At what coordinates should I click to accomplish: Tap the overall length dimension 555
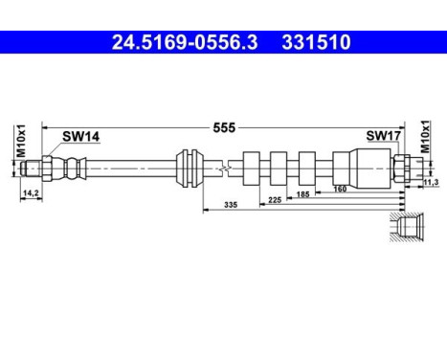pyautogui.click(x=224, y=125)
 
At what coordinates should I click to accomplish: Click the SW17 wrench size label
pyautogui.click(x=382, y=136)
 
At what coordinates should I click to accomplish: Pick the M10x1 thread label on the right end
pyautogui.click(x=426, y=144)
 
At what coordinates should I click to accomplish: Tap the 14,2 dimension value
pyautogui.click(x=29, y=191)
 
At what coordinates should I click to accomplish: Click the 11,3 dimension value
pyautogui.click(x=430, y=182)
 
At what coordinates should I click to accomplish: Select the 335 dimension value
pyautogui.click(x=230, y=205)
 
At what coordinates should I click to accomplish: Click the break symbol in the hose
pyautogui.click(x=223, y=169)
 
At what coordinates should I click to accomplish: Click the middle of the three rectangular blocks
pyautogui.click(x=280, y=169)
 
